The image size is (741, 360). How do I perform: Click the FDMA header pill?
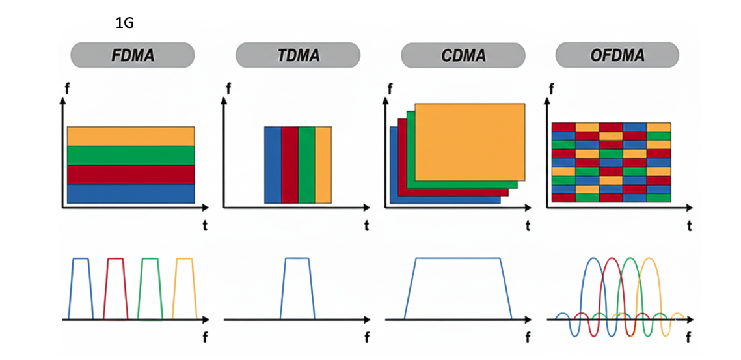click(x=132, y=55)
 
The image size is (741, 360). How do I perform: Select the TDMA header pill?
click(x=297, y=55)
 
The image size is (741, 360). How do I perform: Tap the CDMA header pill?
click(x=463, y=55)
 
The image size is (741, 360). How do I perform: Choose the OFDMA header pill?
click(x=617, y=55)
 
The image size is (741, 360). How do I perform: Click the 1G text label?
click(x=124, y=23)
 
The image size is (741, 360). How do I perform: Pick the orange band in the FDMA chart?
click(x=131, y=136)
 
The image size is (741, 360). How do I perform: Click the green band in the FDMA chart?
click(x=131, y=156)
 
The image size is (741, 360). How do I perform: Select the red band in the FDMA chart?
click(x=131, y=175)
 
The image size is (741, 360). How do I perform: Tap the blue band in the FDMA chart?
click(x=131, y=194)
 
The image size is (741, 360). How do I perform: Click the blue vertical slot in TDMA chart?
click(x=273, y=165)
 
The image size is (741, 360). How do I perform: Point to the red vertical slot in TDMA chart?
click(x=290, y=165)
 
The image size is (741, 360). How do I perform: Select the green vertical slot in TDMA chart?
click(x=306, y=165)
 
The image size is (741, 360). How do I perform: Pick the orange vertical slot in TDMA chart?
click(x=323, y=165)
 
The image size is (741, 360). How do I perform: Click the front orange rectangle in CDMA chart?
click(x=470, y=141)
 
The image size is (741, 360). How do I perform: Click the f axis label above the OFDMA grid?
click(x=552, y=88)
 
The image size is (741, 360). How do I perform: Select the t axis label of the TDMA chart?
click(x=366, y=226)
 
